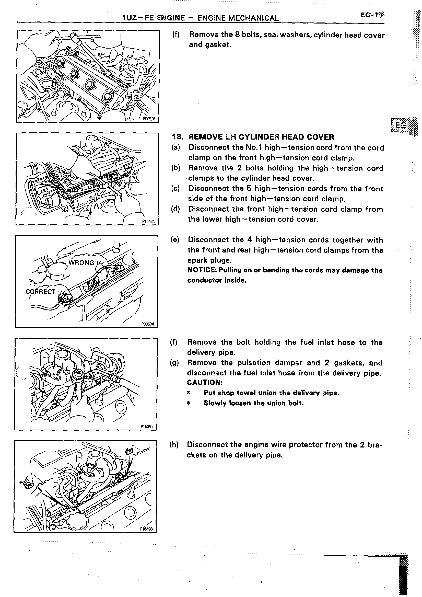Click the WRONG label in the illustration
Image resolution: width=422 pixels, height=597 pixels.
(x=81, y=262)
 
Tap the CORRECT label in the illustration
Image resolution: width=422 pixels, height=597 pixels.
(x=40, y=292)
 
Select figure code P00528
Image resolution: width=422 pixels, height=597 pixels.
(x=149, y=119)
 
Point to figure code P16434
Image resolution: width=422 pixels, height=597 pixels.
(x=148, y=222)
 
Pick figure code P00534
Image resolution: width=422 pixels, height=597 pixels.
(x=148, y=324)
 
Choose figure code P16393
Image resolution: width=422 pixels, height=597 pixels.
(x=146, y=529)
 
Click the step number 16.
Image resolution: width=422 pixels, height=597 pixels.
(x=178, y=137)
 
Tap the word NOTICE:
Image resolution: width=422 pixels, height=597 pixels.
(x=202, y=270)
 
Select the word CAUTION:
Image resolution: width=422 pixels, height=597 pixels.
(x=205, y=383)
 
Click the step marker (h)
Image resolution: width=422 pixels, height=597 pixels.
(x=174, y=445)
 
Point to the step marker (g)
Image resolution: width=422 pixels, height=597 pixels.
(x=174, y=363)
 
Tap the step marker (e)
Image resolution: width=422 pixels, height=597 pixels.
(x=175, y=240)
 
